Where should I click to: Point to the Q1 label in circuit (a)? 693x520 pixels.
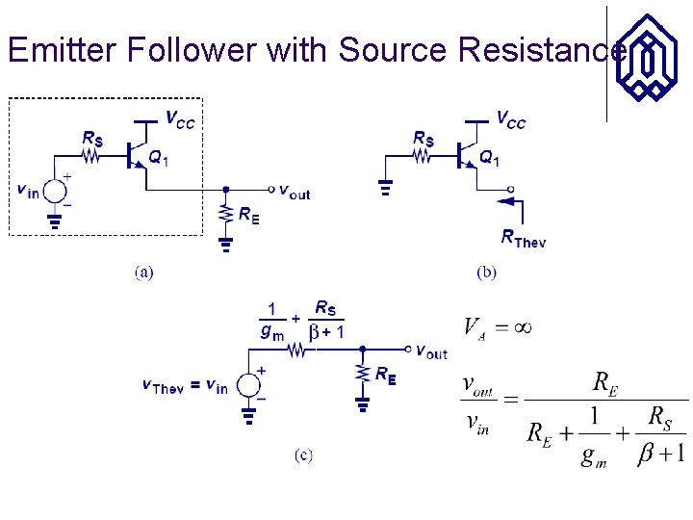(x=158, y=159)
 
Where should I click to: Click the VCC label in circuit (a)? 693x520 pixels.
(x=179, y=119)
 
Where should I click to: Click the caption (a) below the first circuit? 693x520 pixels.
(x=143, y=273)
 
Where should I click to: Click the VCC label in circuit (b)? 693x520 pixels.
(x=510, y=119)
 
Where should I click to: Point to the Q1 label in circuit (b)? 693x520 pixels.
(x=490, y=157)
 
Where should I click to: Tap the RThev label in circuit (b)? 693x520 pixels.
(x=523, y=239)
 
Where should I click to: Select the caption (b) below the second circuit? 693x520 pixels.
(x=487, y=273)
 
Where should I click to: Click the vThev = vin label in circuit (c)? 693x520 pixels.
(x=185, y=387)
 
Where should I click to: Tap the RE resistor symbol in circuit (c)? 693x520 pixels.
(x=363, y=374)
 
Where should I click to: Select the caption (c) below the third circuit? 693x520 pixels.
(x=303, y=455)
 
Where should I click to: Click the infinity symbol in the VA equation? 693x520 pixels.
(x=521, y=327)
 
